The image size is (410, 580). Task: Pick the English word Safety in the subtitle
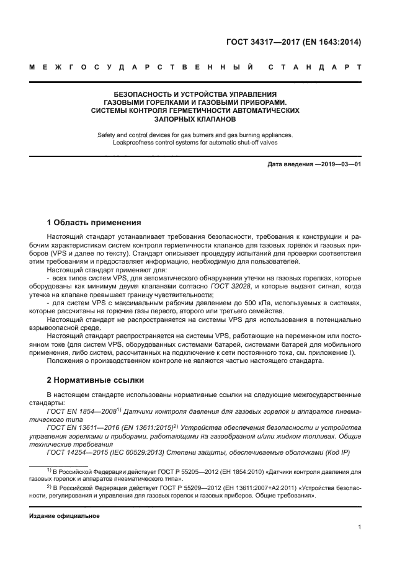pyautogui.click(x=109, y=135)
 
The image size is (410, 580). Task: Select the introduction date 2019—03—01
pyautogui.click(x=339, y=165)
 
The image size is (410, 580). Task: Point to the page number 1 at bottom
pyautogui.click(x=359, y=528)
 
